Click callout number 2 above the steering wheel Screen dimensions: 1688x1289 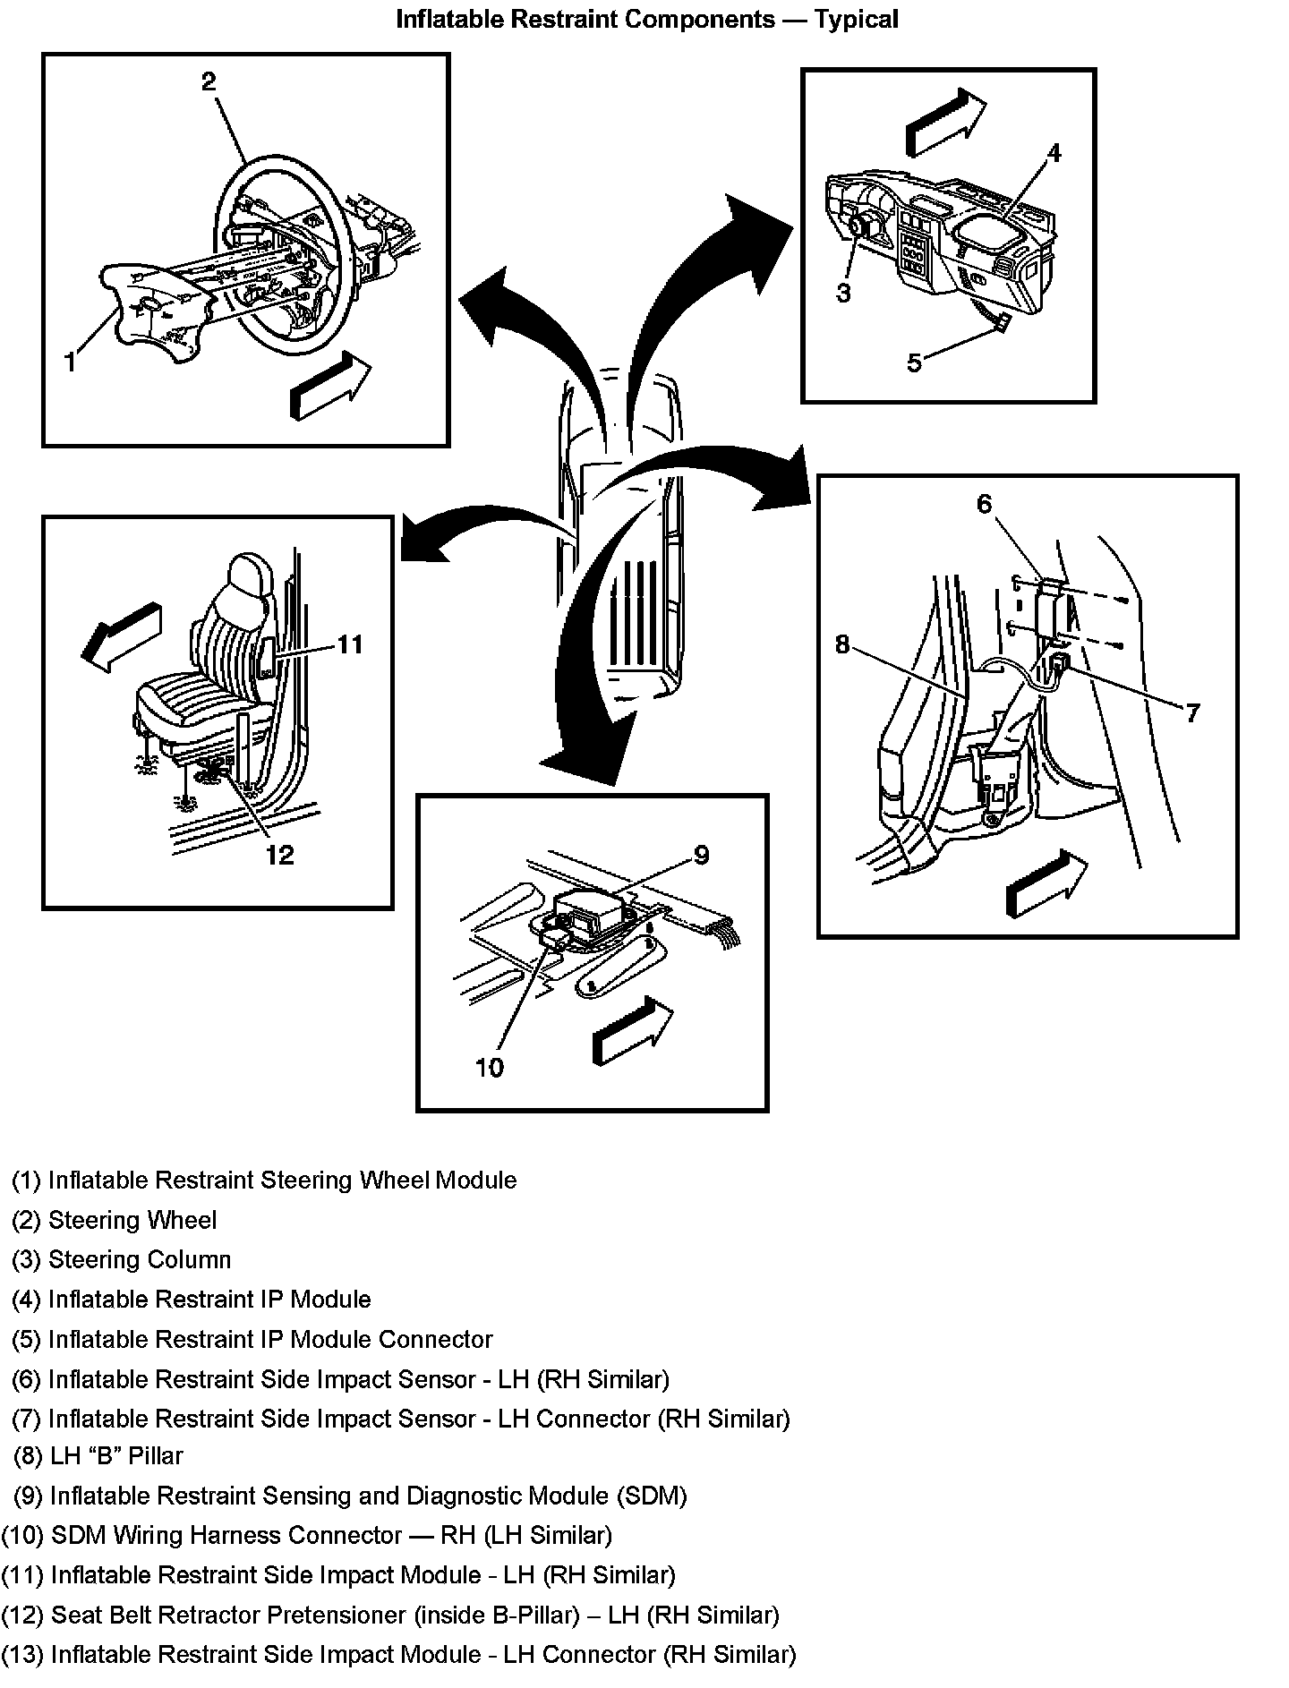209,82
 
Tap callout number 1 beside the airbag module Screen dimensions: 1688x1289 71,362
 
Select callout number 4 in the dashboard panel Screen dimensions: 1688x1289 1054,154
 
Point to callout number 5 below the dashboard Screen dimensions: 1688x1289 914,362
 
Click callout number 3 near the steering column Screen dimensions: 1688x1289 843,293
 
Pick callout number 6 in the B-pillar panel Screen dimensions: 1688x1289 985,505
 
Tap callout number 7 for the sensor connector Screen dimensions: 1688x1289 1192,712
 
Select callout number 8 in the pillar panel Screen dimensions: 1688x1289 842,644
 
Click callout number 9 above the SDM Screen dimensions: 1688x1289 701,856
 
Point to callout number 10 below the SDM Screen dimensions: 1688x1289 490,1067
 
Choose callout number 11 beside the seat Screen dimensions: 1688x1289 350,644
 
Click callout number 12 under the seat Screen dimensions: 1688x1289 279,856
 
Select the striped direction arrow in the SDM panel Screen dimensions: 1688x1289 632,1032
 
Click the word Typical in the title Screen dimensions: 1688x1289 856,19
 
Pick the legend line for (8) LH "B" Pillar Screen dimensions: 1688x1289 98,1456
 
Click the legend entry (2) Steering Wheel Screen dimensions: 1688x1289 115,1220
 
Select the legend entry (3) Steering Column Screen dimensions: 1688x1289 122,1259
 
